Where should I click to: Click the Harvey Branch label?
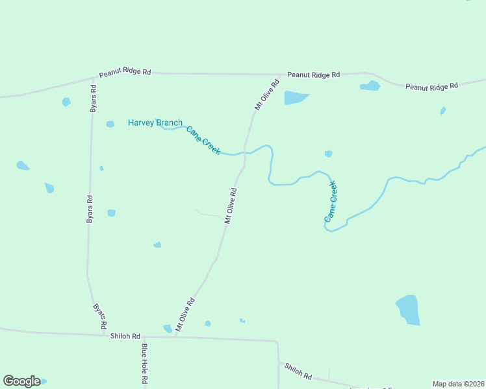click(155, 123)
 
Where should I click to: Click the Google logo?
click(21, 381)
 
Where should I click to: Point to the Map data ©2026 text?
click(457, 384)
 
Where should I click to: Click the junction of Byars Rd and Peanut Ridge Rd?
click(96, 78)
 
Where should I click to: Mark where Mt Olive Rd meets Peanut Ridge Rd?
click(282, 74)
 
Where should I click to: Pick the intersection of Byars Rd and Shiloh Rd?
click(104, 335)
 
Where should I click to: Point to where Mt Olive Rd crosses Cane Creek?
click(246, 152)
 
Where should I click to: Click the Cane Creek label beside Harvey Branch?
click(203, 140)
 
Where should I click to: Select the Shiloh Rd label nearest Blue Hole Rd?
click(125, 336)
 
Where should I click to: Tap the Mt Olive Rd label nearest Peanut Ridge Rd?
click(266, 95)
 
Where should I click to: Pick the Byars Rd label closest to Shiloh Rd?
click(99, 315)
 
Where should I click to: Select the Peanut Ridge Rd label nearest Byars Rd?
click(125, 73)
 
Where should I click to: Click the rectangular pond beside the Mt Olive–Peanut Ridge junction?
click(296, 98)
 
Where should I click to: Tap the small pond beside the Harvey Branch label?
click(110, 124)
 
